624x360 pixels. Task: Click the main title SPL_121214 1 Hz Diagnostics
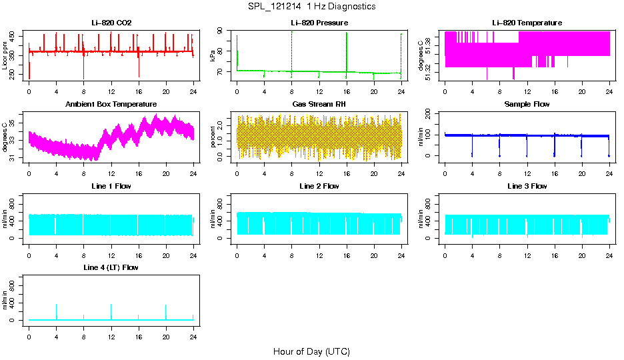pos(311,7)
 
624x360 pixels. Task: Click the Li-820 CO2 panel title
pos(111,23)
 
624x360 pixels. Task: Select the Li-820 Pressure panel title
pos(319,23)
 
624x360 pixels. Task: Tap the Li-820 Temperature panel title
pos(527,23)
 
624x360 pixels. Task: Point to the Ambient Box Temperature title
pos(111,104)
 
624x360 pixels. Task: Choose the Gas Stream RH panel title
pos(319,104)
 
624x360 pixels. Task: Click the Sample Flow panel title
pos(527,104)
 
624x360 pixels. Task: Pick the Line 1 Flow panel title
pos(111,186)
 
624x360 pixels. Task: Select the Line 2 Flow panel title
pos(319,186)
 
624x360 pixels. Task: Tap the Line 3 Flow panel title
pos(527,186)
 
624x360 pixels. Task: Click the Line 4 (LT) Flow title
pos(111,267)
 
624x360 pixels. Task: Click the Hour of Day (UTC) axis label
pos(311,351)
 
